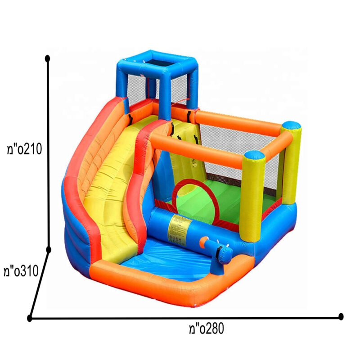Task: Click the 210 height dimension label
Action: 24,149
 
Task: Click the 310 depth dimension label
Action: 21,271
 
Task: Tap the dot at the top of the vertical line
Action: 48,58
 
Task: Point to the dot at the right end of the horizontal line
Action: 341,317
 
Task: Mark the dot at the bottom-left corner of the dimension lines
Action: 29,318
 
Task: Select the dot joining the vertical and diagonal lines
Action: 49,250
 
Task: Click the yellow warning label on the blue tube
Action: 180,229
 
